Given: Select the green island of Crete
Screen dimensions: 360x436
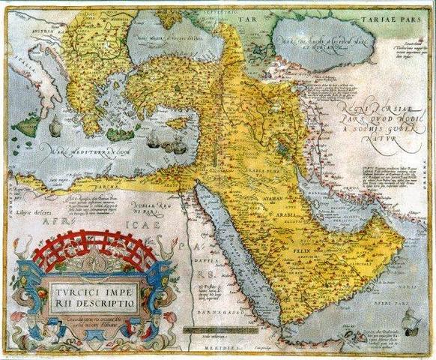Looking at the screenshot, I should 120,135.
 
